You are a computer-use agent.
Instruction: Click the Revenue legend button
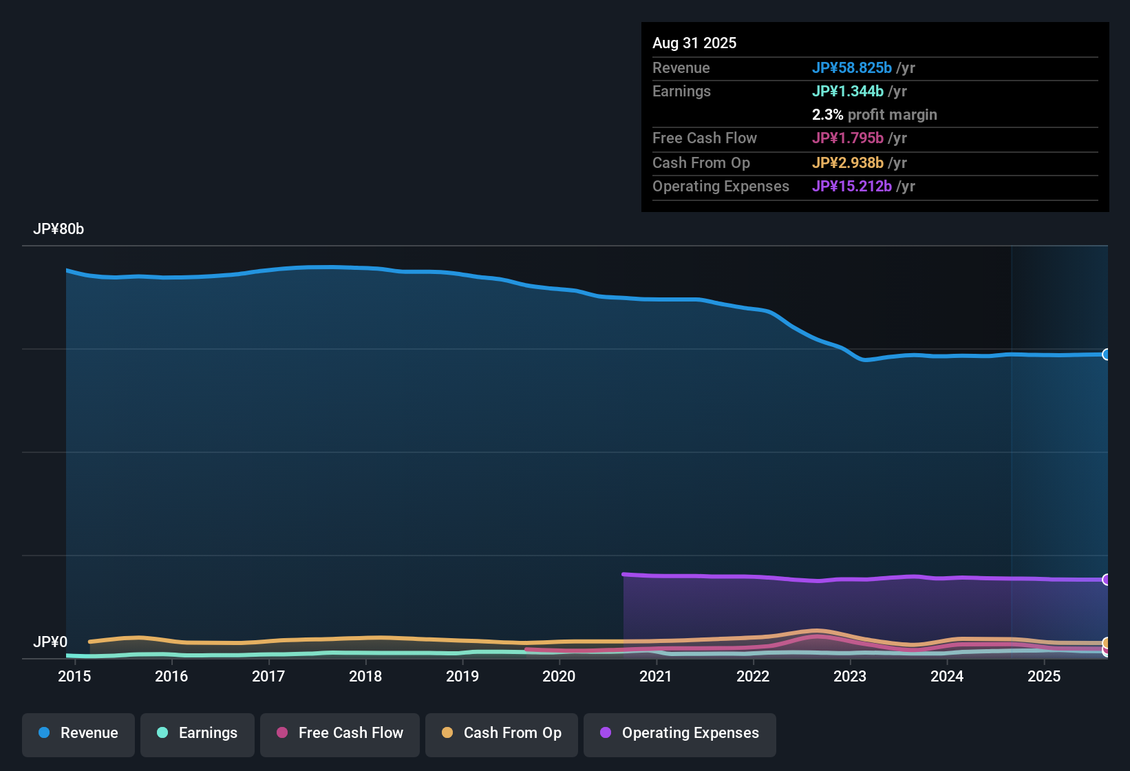(x=78, y=733)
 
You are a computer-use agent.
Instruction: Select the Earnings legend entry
(x=198, y=733)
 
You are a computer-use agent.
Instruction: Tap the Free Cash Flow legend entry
(x=340, y=733)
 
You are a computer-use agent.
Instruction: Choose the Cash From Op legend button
(x=502, y=733)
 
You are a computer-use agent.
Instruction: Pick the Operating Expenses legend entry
(x=680, y=733)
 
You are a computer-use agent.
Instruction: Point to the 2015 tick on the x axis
(x=74, y=676)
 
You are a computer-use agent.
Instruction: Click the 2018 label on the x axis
(x=365, y=676)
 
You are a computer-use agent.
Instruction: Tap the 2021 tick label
(x=656, y=676)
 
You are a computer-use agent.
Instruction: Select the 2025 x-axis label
(x=1044, y=676)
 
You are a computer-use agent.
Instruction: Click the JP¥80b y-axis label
(x=58, y=229)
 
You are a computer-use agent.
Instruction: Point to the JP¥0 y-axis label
(x=50, y=642)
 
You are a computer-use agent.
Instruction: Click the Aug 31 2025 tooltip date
(x=694, y=43)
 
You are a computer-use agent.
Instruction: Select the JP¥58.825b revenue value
(x=851, y=67)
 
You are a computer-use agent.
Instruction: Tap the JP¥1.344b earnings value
(x=847, y=91)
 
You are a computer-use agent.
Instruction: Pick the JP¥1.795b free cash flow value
(x=847, y=138)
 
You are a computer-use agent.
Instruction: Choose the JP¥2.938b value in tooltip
(x=847, y=162)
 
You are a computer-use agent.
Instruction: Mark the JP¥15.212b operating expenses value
(x=851, y=186)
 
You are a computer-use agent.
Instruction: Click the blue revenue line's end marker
(x=1106, y=355)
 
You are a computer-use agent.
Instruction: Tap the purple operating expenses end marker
(x=1106, y=580)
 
